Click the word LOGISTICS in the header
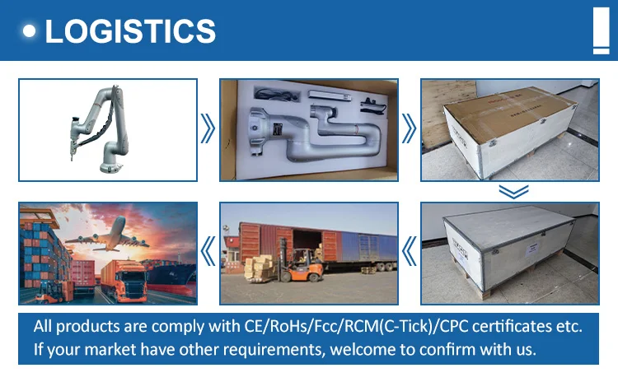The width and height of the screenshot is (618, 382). pyautogui.click(x=130, y=31)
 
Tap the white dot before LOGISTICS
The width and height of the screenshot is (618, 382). pyautogui.click(x=31, y=31)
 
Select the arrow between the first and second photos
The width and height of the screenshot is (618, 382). pyautogui.click(x=208, y=129)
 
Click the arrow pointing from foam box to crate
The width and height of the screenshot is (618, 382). pyautogui.click(x=410, y=129)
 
